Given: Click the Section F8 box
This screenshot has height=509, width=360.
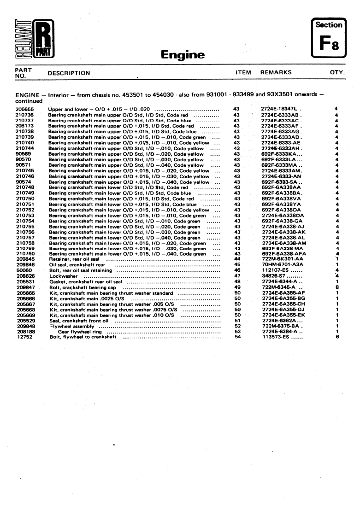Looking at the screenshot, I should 329,38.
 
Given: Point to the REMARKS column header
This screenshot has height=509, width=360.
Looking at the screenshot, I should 276,72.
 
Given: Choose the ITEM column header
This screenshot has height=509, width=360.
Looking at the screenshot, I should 243,72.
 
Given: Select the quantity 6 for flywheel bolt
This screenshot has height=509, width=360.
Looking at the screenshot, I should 337,337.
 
